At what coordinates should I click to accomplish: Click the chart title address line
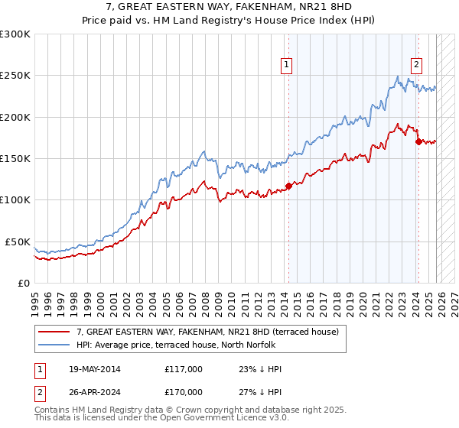[229, 8]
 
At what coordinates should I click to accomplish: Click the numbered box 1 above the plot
[285, 66]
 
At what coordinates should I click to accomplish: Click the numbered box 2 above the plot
[417, 66]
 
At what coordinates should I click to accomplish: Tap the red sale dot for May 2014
[288, 186]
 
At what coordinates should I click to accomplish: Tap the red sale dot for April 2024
[418, 141]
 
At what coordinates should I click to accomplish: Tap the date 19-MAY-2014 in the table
[93, 369]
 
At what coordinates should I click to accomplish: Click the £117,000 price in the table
[183, 369]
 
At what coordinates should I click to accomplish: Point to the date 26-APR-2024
[92, 391]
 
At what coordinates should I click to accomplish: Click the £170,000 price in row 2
[183, 391]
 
